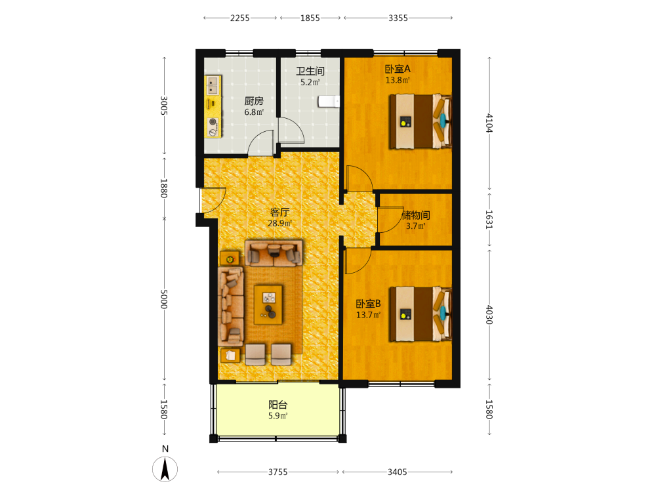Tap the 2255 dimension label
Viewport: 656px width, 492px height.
coord(239,18)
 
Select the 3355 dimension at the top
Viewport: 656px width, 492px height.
coord(398,18)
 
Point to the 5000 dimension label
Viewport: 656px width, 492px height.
coord(164,299)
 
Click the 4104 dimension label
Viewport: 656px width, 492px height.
coord(489,123)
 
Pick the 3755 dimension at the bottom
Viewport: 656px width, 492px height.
coord(277,472)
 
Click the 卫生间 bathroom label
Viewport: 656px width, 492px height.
coord(310,71)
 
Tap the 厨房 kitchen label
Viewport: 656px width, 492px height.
coord(254,101)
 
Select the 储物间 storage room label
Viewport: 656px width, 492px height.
coord(415,215)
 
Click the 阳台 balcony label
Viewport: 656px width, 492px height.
coord(277,405)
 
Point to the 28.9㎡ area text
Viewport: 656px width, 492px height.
coord(279,224)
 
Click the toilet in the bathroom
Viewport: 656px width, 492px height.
coord(329,101)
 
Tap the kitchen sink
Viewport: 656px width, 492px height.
coord(213,85)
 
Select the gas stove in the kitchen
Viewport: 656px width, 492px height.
coord(213,127)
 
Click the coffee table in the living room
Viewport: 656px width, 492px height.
coord(268,304)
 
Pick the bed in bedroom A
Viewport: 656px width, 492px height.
coord(420,121)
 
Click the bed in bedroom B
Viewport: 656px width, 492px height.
coord(420,314)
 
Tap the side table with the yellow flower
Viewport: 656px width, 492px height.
coord(230,259)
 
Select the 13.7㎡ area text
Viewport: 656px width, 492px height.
coord(368,315)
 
